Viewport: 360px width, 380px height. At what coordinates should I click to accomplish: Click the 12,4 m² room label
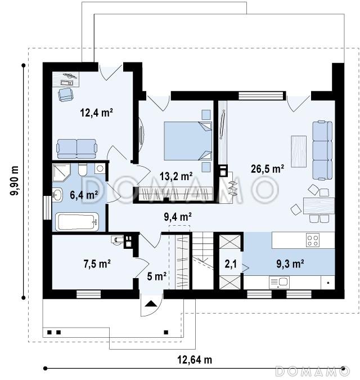[96, 113]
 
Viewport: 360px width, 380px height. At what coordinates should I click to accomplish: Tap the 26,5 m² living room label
[267, 169]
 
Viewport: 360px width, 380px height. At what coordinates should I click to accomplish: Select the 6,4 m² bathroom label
[84, 195]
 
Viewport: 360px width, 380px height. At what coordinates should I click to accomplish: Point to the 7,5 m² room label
[97, 263]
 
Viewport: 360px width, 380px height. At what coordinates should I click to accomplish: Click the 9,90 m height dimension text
[14, 181]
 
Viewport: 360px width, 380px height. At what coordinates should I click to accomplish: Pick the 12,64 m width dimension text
[195, 359]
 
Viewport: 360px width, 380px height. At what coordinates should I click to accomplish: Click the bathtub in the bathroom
[77, 222]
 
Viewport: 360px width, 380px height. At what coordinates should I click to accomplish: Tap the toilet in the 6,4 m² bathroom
[83, 169]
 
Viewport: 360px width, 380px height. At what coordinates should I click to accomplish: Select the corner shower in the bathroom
[61, 172]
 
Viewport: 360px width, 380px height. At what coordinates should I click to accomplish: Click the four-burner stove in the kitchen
[313, 240]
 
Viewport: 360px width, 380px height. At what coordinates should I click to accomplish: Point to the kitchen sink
[279, 282]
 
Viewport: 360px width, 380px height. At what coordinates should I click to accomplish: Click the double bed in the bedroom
[188, 141]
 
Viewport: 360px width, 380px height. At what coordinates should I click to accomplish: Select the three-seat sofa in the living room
[322, 150]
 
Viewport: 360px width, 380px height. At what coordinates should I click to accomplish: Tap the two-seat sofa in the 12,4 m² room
[76, 148]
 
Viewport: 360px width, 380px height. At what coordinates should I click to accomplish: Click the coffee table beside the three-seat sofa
[299, 151]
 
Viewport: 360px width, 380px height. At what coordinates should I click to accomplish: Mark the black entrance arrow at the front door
[151, 303]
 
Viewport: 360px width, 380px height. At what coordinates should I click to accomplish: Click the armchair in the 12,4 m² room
[65, 94]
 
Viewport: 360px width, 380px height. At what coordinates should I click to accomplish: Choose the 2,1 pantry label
[231, 264]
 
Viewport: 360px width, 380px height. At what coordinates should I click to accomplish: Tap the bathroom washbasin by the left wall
[57, 195]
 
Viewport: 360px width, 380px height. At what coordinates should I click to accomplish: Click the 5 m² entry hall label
[156, 276]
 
